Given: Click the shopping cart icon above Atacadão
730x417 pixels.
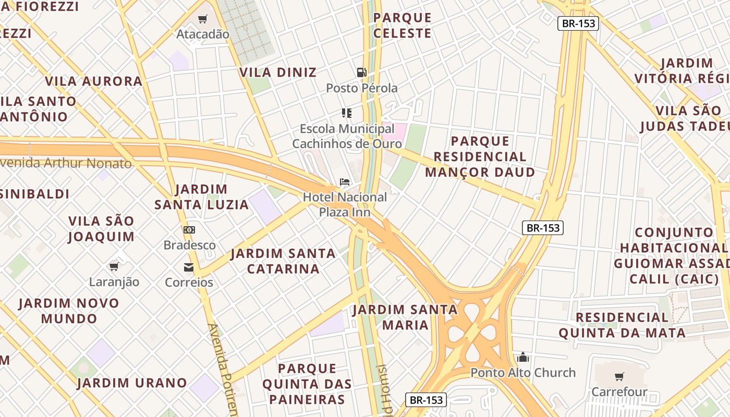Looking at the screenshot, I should (202, 19).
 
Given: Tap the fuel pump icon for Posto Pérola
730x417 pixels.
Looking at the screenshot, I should (361, 72).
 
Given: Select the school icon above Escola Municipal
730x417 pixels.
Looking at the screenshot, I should (347, 113).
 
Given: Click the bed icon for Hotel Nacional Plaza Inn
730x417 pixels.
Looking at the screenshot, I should (345, 182).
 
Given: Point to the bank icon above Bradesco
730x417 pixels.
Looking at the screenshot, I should (189, 229).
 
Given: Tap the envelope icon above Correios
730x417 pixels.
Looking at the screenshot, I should (188, 267).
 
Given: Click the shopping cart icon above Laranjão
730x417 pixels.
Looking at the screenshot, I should (114, 267).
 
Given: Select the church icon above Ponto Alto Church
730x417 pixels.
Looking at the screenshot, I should (523, 357).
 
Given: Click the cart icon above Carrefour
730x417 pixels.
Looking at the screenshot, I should (619, 376).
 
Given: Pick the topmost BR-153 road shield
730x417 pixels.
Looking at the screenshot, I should (578, 23).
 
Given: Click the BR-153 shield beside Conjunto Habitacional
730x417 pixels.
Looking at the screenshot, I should (543, 227).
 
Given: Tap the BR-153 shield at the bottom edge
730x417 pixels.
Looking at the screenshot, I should (426, 400).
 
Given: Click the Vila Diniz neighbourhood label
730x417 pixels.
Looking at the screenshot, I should (278, 72).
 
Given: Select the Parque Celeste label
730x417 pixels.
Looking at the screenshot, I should (403, 25).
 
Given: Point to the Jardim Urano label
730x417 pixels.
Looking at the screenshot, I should (132, 383).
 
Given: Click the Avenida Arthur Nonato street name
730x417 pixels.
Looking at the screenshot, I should (66, 163).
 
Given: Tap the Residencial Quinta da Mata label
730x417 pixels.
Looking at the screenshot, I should (622, 325).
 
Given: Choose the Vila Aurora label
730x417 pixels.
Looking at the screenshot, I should (93, 81).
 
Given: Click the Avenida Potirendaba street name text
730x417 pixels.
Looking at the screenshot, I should (222, 367).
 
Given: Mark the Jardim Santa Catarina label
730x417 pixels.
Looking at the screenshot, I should (283, 261).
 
